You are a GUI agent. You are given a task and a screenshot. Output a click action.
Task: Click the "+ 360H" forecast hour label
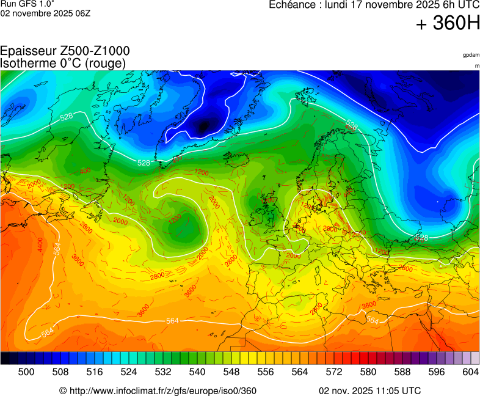[x=447, y=24]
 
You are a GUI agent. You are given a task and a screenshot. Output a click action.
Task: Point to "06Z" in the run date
[x=82, y=13]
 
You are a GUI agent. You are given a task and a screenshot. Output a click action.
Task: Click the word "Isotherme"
[x=26, y=63]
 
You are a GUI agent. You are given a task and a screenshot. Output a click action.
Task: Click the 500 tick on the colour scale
[x=26, y=371]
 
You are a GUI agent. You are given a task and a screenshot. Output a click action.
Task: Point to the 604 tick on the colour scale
[x=471, y=371]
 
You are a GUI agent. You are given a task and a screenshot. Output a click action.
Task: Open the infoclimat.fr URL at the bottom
[x=158, y=391]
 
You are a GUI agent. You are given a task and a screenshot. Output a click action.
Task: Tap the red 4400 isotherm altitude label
[x=40, y=245]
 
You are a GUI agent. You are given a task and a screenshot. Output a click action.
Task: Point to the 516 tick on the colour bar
[x=95, y=371]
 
